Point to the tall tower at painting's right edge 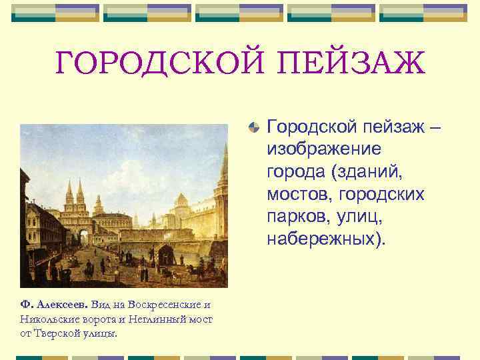point(223,193)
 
